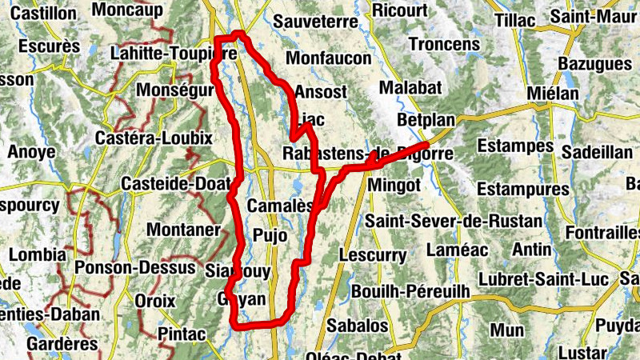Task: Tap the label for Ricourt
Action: [x=400, y=10]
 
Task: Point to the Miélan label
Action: [x=553, y=94]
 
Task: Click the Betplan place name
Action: [x=426, y=121]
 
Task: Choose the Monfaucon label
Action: [x=329, y=58]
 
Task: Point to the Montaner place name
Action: [x=183, y=230]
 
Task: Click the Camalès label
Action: [x=279, y=206]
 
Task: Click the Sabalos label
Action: [x=358, y=326]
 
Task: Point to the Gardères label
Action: [x=62, y=344]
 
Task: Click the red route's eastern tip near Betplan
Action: [x=438, y=144]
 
